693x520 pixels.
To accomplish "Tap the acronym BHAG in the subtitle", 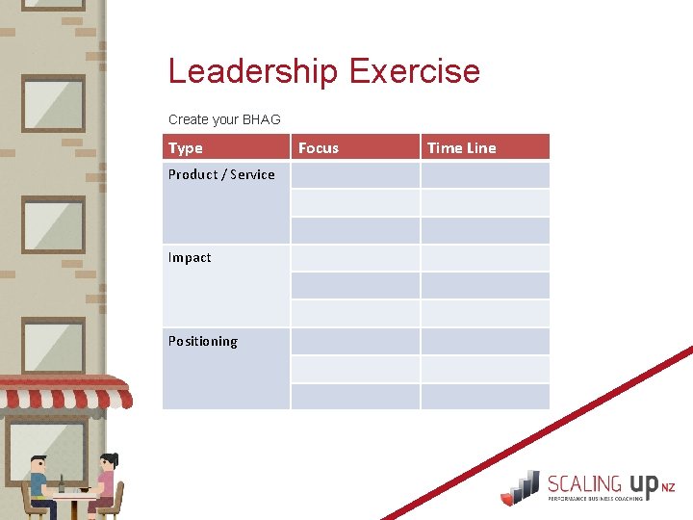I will (x=262, y=119).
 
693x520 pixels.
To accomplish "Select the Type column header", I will (x=186, y=147).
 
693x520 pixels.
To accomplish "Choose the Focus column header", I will (x=319, y=147).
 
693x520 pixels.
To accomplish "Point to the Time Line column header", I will (x=462, y=147).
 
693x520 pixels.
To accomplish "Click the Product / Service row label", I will (x=221, y=174).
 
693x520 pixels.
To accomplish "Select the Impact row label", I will (x=190, y=257).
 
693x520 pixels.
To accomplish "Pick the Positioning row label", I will (x=202, y=341).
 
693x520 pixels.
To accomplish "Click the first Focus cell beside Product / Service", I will (x=355, y=175).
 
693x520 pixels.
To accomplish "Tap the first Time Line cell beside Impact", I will (x=485, y=258).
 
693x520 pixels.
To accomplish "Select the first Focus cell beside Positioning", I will (x=355, y=342).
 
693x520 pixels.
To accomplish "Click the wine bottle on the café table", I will (x=63, y=484).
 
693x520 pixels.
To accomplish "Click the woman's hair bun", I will (x=113, y=456).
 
